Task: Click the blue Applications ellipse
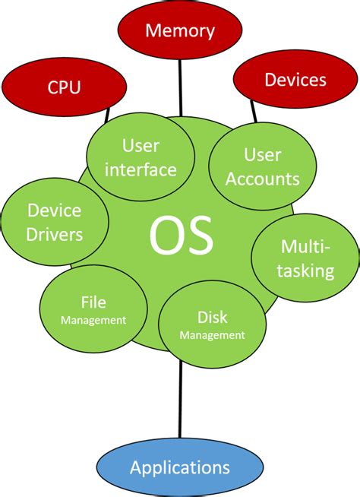180,467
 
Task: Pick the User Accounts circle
262,167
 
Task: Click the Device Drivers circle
54,222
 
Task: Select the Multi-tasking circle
307,259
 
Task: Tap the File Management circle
93,310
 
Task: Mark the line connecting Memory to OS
180,87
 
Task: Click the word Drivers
54,235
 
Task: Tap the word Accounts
262,180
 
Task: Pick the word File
93,302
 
